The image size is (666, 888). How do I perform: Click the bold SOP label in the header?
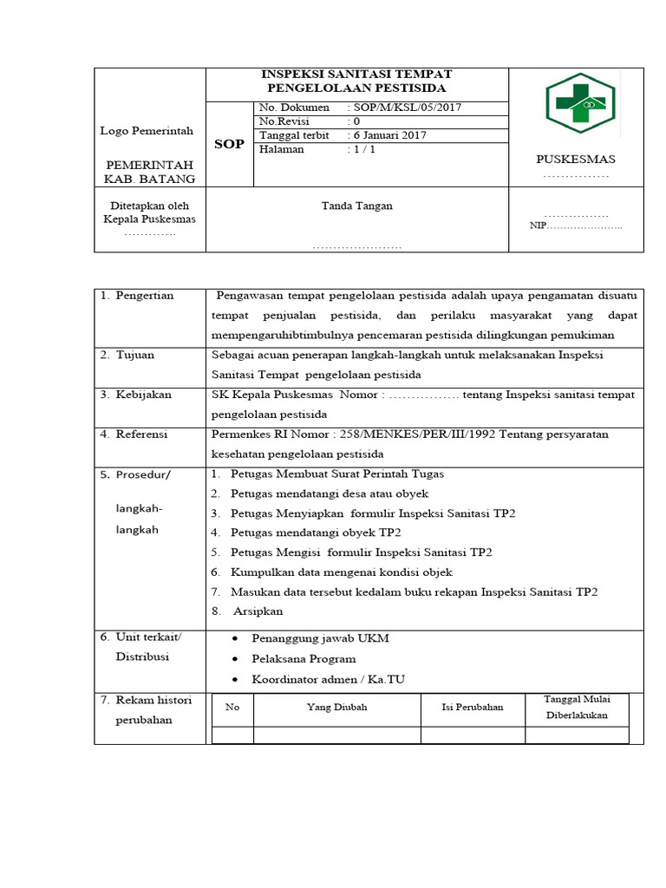coord(229,144)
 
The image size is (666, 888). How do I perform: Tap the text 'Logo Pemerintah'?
coord(147,131)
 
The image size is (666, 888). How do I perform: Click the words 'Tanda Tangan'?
coord(356,206)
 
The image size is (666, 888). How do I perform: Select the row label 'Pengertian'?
coord(144,296)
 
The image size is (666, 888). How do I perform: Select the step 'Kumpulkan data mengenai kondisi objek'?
coord(342,572)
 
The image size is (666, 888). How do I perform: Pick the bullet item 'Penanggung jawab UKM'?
coord(320,638)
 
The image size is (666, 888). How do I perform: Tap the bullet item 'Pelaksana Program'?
coord(304,659)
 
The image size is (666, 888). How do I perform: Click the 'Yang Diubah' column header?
coord(336,707)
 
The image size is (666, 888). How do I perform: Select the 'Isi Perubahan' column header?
coord(473,707)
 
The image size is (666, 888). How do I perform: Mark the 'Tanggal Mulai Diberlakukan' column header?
coord(577,707)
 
